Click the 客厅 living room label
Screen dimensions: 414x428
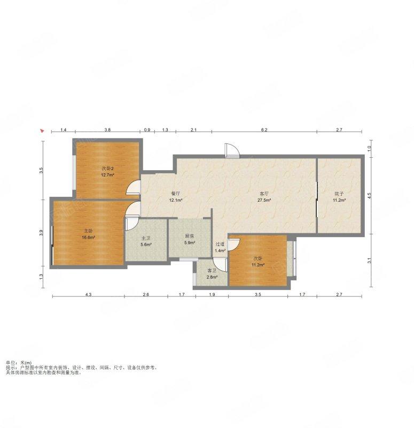tap(264, 194)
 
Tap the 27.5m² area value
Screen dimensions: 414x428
tap(264, 200)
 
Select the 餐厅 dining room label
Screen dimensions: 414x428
tap(176, 194)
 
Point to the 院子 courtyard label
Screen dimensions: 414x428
tap(339, 194)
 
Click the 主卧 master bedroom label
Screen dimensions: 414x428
tap(88, 231)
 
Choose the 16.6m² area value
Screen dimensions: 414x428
tap(88, 238)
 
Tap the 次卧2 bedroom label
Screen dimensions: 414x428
tap(107, 169)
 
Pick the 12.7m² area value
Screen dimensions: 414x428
tap(107, 175)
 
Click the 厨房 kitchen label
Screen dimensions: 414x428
tap(190, 236)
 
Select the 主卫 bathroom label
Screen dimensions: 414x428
tap(146, 238)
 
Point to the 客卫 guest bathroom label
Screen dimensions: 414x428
tap(212, 271)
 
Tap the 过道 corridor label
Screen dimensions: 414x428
tap(220, 244)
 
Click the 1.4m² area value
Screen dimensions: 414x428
tap(220, 250)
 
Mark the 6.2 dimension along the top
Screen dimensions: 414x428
tap(264, 130)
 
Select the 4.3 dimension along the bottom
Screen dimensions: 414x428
tap(88, 295)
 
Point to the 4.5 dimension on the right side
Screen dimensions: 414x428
tap(369, 195)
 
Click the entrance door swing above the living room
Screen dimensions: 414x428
tap(232, 150)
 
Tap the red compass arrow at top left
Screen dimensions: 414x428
tap(42, 131)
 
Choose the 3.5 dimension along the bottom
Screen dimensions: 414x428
tap(258, 295)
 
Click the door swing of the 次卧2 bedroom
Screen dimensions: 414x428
tap(134, 188)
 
